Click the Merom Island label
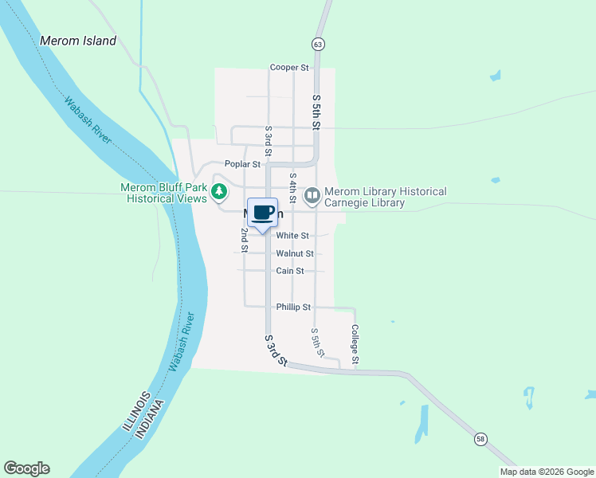click(78, 41)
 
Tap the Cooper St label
click(289, 68)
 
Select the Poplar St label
click(242, 164)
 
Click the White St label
click(292, 236)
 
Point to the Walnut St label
click(295, 253)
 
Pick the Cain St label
click(290, 271)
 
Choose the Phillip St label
click(293, 307)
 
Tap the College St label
click(355, 345)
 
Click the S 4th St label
click(293, 190)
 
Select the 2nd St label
click(245, 240)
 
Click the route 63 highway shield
click(318, 45)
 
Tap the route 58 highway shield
click(480, 439)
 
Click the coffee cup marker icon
click(263, 213)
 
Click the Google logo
click(26, 468)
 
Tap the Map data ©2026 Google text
click(546, 472)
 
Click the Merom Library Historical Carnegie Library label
click(386, 198)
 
